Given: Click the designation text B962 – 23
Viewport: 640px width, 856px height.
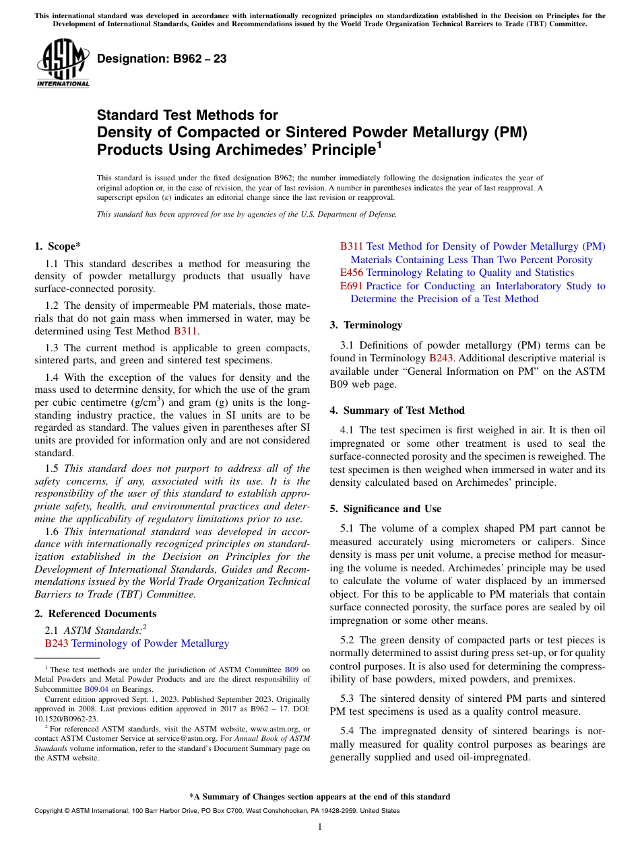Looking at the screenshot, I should click(x=162, y=59).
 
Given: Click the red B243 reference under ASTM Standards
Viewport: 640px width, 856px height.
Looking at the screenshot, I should click(x=57, y=643).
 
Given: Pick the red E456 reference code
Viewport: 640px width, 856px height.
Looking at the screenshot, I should click(x=351, y=273).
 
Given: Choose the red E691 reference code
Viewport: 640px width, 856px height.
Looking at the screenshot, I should click(x=351, y=286).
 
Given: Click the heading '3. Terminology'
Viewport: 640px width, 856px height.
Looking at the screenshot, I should click(x=366, y=325).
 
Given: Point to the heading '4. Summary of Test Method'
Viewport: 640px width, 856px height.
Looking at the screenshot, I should click(x=397, y=411).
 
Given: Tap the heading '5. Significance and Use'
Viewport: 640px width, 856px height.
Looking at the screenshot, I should click(x=385, y=509).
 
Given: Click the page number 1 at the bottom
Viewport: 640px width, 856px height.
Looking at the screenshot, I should click(x=320, y=826).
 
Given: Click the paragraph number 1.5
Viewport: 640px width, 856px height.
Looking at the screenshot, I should click(x=53, y=468).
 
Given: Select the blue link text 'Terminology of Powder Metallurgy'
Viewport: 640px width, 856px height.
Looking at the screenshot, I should click(x=150, y=643).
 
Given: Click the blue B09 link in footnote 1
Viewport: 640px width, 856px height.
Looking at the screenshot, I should click(x=291, y=670).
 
